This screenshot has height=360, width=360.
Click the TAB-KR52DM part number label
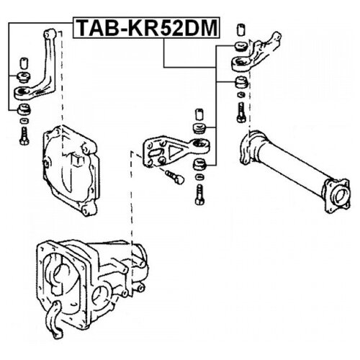tap(146, 27)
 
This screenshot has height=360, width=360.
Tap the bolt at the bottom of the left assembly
tap(24, 135)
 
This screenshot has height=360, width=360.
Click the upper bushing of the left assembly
tap(24, 77)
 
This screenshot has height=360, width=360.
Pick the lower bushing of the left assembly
tap(24, 109)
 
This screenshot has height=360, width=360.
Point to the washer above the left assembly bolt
tap(24, 121)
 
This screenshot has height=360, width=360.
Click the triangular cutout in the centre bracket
tap(174, 152)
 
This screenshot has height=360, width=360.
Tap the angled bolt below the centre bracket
tap(174, 176)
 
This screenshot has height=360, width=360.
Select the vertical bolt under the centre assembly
tap(199, 194)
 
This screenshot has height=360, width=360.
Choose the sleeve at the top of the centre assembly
tap(199, 114)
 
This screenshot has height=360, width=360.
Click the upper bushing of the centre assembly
tap(199, 128)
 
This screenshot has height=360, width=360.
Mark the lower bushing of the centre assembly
tap(199, 165)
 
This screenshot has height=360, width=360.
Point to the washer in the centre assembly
tap(199, 178)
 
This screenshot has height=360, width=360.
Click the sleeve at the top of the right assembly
tap(240, 30)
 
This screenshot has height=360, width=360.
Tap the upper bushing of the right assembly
tap(240, 47)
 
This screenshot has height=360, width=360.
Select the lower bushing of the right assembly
tap(241, 83)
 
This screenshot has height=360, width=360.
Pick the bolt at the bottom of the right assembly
tap(240, 112)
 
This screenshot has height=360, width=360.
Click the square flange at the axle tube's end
tap(336, 196)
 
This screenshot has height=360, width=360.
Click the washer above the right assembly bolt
tap(241, 94)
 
